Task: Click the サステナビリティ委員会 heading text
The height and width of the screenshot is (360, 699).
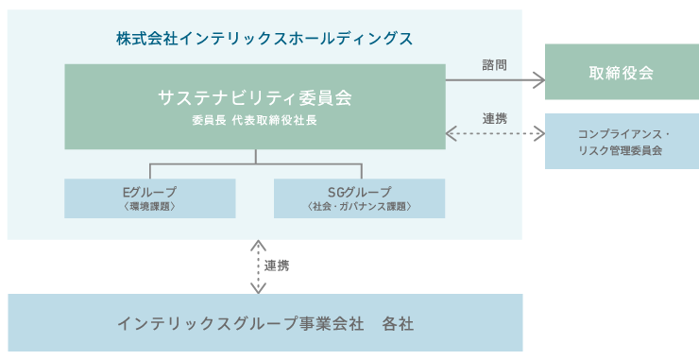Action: [256, 96]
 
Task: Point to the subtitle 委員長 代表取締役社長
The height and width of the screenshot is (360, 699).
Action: [256, 122]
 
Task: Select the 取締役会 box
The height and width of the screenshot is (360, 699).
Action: [621, 73]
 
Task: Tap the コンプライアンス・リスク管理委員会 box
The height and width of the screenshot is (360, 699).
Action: [621, 141]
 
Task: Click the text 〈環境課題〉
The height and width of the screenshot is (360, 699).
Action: [150, 205]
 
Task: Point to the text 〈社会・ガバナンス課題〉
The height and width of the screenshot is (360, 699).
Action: [359, 205]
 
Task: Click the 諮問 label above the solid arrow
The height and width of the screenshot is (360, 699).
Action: [494, 65]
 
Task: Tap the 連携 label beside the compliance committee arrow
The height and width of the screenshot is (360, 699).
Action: [494, 119]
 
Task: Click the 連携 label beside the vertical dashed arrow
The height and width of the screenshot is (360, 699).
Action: [277, 266]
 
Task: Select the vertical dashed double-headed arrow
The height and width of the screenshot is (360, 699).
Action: [258, 266]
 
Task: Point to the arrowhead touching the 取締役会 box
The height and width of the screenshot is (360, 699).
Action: [540, 81]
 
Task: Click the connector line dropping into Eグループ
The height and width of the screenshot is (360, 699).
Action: [150, 171]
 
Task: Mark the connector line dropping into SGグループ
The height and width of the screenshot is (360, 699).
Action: [359, 171]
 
